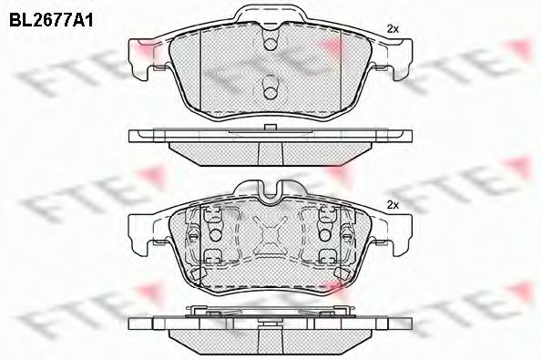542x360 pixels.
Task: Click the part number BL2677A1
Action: pyautogui.click(x=51, y=21)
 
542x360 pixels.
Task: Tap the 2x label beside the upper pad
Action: pyautogui.click(x=393, y=29)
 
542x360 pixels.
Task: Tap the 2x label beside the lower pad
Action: pyautogui.click(x=393, y=205)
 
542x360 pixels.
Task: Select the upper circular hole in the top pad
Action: pyautogui.click(x=271, y=44)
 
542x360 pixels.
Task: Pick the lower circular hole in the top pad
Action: pyautogui.click(x=271, y=92)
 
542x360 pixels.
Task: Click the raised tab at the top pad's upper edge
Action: pyautogui.click(x=271, y=15)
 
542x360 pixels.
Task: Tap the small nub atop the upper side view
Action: pyautogui.click(x=271, y=128)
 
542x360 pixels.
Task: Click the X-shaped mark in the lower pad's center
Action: pyautogui.click(x=271, y=235)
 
